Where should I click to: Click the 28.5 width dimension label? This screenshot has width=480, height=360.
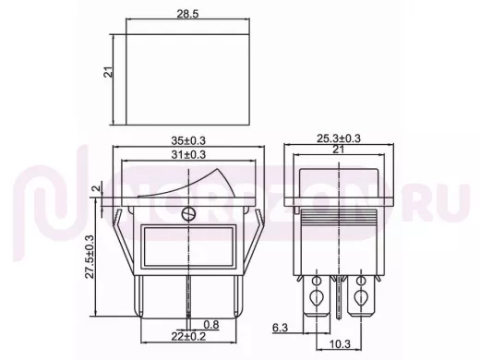coord(187,14)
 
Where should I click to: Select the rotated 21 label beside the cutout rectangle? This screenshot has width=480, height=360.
coord(110,72)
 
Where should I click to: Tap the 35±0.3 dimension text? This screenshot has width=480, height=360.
coord(188,140)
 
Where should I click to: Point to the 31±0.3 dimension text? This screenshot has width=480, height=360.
coord(188,154)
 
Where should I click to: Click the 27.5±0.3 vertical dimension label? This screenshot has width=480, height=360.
coord(90,258)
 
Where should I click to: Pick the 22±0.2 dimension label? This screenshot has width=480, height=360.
coord(188,336)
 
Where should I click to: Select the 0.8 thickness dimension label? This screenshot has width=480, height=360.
coord(211,324)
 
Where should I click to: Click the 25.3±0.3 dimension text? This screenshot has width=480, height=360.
coord(339,138)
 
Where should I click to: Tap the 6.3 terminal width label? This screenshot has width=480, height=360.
coord(280,328)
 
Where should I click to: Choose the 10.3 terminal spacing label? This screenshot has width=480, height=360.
coord(340,344)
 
